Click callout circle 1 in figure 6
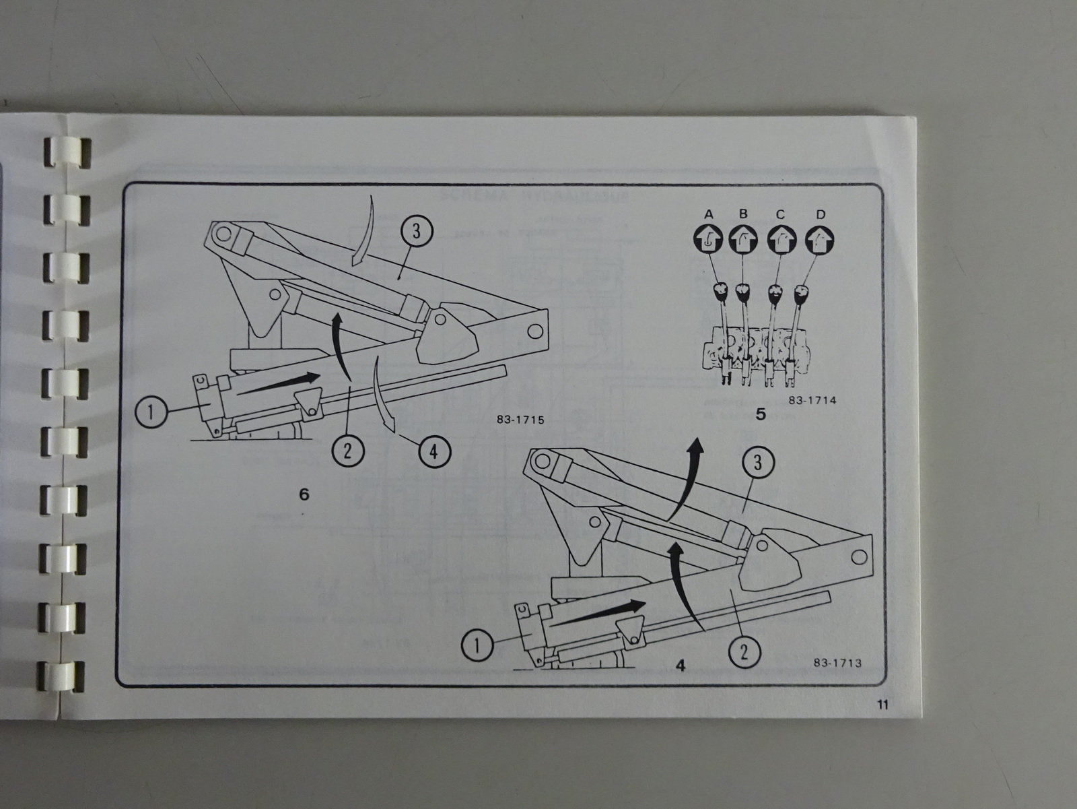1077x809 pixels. pos(153,412)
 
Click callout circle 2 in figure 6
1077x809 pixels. pos(347,449)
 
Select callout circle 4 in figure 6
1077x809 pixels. pos(433,452)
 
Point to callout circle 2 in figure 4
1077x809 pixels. pos(744,651)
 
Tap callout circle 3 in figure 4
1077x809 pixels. pos(759,463)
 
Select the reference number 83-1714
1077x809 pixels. pos(811,400)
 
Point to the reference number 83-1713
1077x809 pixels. pos(837,662)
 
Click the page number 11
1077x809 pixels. pos(883,705)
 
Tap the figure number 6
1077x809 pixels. pos(304,494)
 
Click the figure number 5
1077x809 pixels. pos(761,414)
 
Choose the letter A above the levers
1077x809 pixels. pos(708,214)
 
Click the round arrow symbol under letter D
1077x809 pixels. pos(821,238)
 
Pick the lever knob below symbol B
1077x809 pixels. pos(743,292)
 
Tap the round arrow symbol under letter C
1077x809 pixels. pos(782,238)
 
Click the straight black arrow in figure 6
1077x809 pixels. pos(279,383)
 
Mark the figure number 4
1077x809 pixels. pos(681,666)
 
